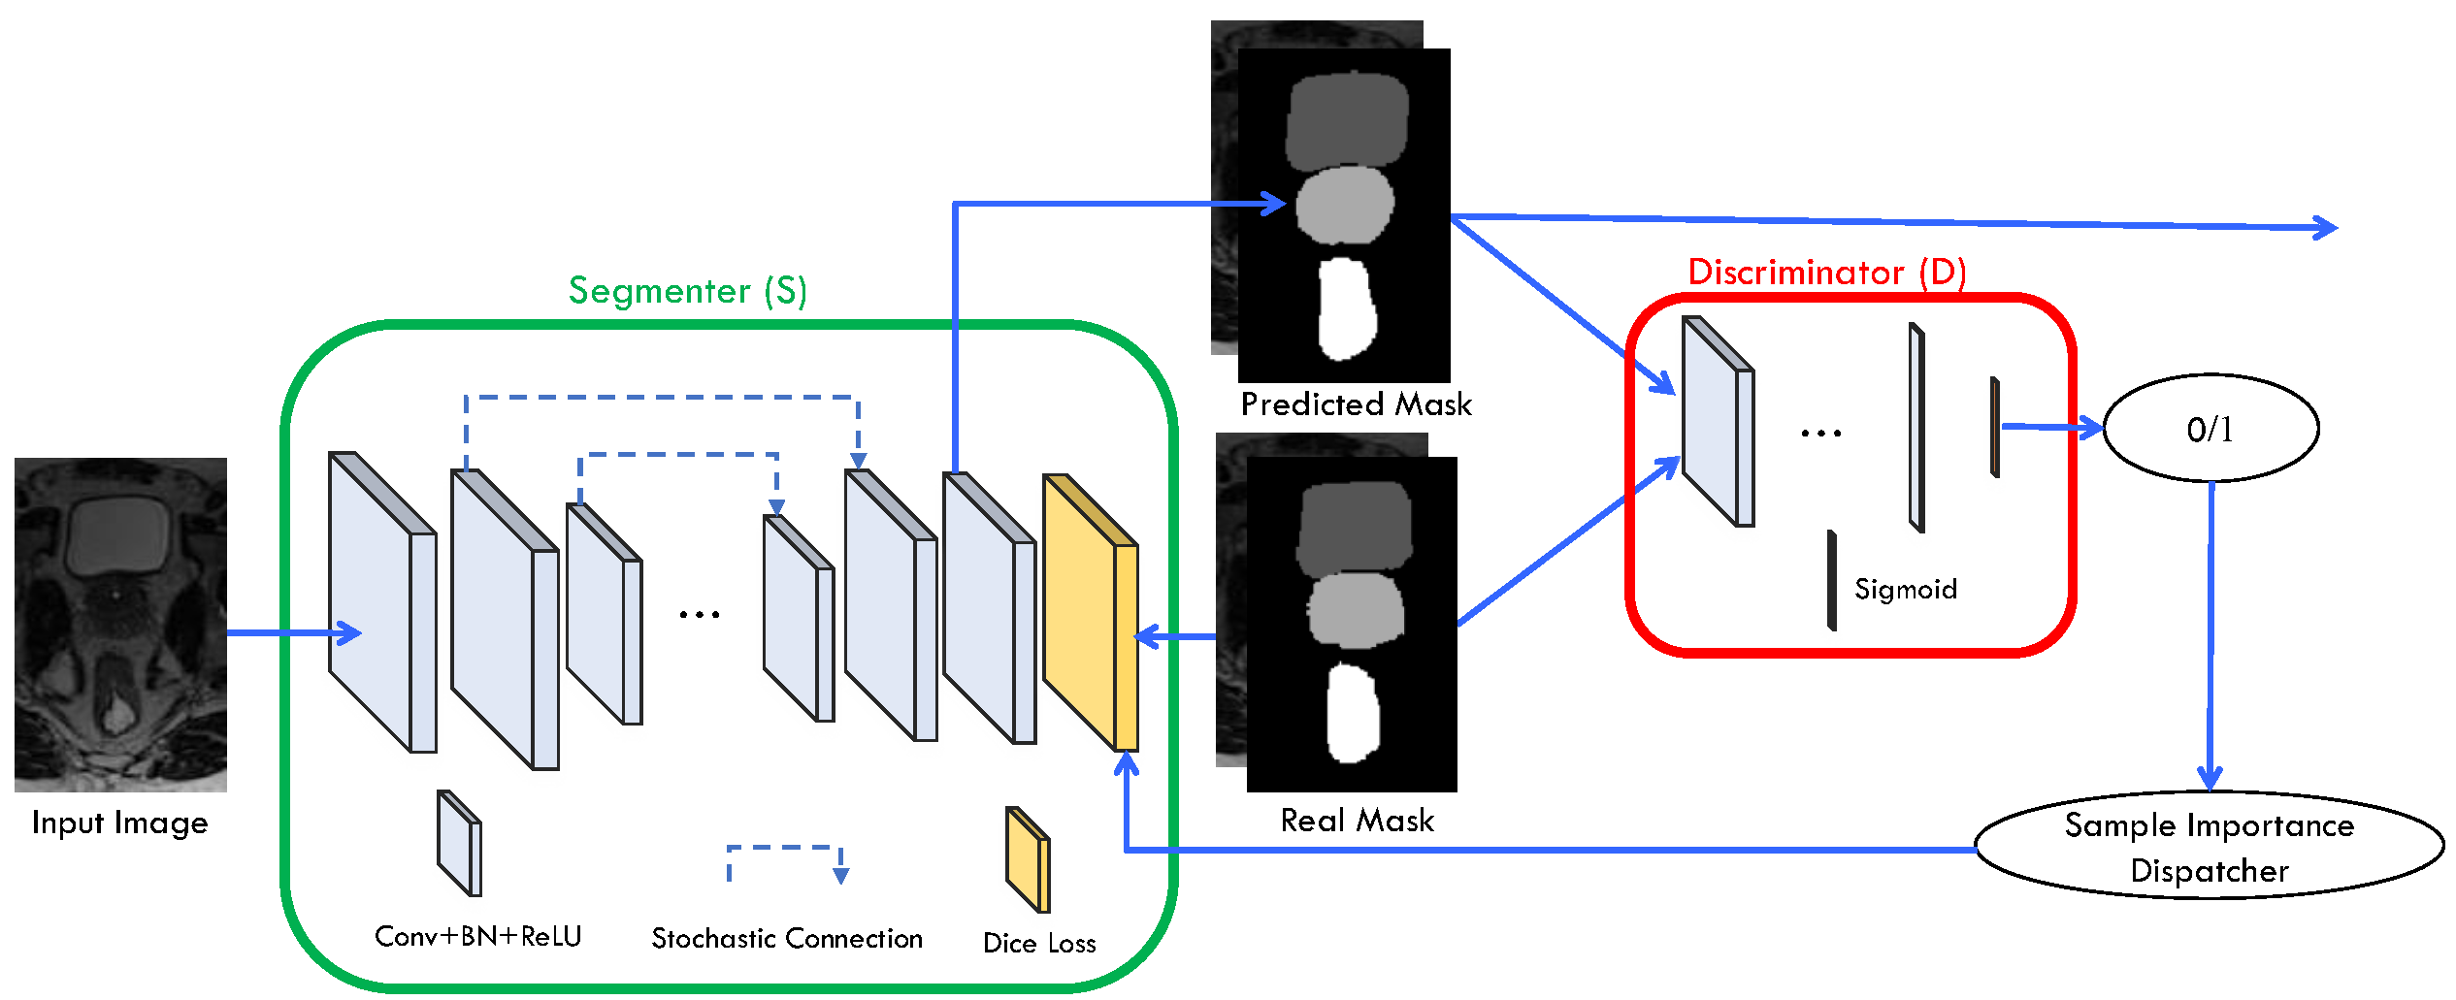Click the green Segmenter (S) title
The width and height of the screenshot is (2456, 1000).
[687, 291]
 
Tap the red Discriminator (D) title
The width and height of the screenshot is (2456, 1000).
[1826, 273]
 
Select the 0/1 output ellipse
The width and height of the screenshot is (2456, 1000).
[2210, 429]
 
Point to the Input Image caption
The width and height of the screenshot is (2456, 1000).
[119, 823]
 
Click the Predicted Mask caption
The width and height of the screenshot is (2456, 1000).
[1356, 403]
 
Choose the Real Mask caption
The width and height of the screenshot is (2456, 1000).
[1357, 821]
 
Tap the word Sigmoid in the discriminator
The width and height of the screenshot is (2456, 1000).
[1905, 589]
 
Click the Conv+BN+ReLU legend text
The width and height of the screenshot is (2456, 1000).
[477, 936]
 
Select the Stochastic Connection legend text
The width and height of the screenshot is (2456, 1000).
[786, 938]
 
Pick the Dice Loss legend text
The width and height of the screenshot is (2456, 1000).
[1038, 943]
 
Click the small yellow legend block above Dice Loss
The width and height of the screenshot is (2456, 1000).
[1027, 859]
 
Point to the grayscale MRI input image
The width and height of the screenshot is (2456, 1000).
[120, 624]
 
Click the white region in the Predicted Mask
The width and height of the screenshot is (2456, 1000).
[1347, 307]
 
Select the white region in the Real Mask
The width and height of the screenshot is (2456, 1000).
[1353, 713]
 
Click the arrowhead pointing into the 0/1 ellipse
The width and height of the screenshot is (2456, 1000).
[2088, 428]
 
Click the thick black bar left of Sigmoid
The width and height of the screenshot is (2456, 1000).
[1831, 580]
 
